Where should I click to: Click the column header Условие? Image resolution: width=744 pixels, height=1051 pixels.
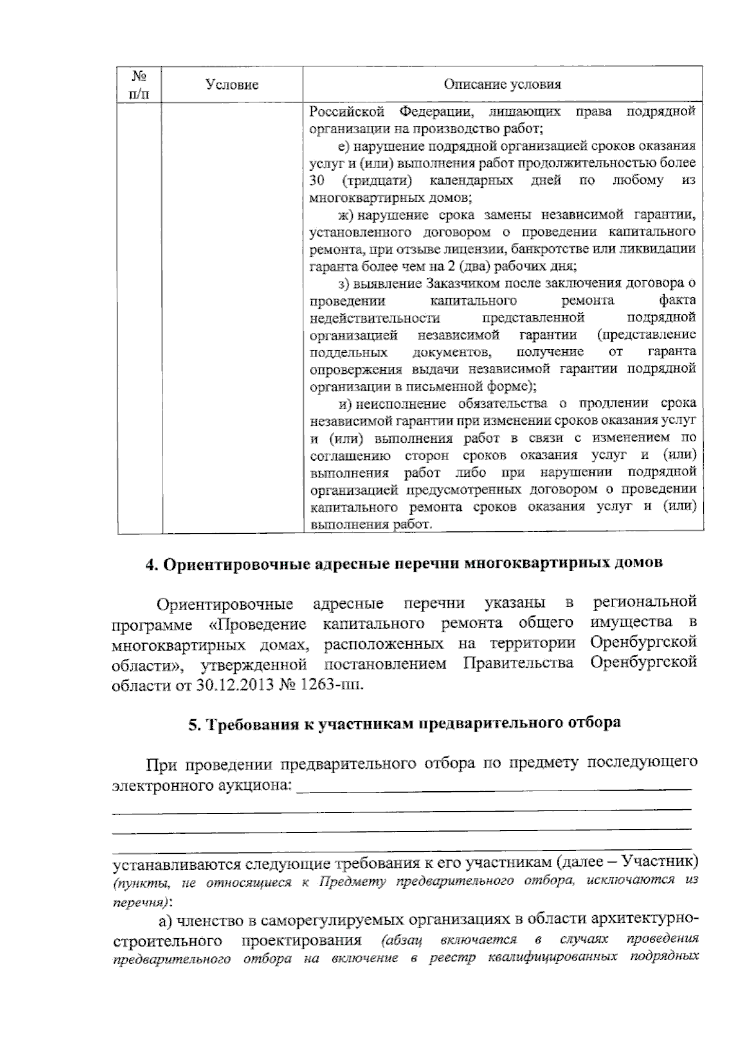click(232, 85)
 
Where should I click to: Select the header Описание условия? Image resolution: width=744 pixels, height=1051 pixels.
click(502, 85)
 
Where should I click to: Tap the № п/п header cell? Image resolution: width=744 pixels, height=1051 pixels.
click(139, 85)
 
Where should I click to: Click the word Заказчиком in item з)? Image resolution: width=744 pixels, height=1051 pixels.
click(458, 283)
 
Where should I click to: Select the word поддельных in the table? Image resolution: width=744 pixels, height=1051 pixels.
click(348, 352)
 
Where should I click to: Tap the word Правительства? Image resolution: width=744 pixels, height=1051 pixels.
click(518, 664)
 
